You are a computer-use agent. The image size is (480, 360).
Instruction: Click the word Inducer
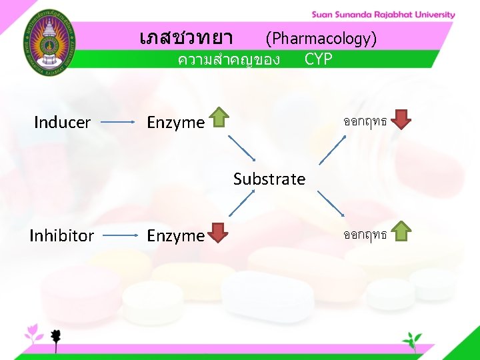pyautogui.click(x=62, y=123)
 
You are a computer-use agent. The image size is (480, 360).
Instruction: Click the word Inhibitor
pyautogui.click(x=61, y=235)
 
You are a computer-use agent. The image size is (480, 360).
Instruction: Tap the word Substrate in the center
pyautogui.click(x=269, y=179)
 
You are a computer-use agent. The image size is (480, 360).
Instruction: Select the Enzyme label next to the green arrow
pyautogui.click(x=175, y=123)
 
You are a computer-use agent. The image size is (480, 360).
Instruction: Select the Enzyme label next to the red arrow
pyautogui.click(x=175, y=235)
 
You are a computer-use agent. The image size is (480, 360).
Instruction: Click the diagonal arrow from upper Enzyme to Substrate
pyautogui.click(x=243, y=149)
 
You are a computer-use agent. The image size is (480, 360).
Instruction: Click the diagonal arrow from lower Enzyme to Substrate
pyautogui.click(x=243, y=203)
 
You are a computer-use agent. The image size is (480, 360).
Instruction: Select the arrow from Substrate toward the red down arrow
pyautogui.click(x=332, y=149)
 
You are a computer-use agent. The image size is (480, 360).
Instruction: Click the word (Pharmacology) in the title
pyautogui.click(x=321, y=39)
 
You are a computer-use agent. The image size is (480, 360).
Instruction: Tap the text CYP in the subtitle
pyautogui.click(x=318, y=59)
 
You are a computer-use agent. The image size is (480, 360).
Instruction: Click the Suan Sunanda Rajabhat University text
pyautogui.click(x=383, y=15)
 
